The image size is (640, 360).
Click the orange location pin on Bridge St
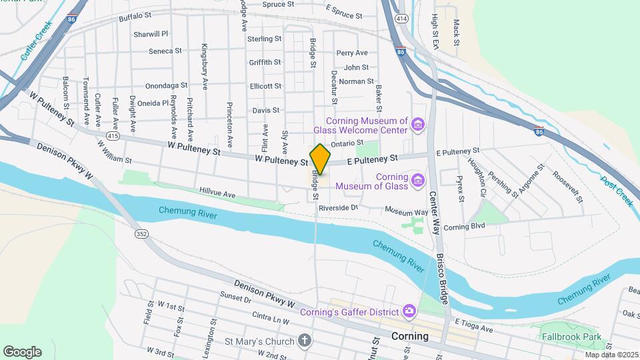coord(320,159)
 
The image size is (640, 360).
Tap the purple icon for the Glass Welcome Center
coord(417,125)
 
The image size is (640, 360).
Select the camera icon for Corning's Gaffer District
coord(409,311)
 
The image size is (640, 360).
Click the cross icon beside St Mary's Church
coord(304,341)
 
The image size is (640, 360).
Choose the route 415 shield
coord(113,136)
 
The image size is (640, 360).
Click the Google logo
coord(22,352)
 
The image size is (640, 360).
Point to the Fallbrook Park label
coord(571,337)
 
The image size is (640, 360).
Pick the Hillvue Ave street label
coord(217,194)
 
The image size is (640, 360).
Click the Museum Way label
coord(406,212)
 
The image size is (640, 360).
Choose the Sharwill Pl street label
coord(151,33)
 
